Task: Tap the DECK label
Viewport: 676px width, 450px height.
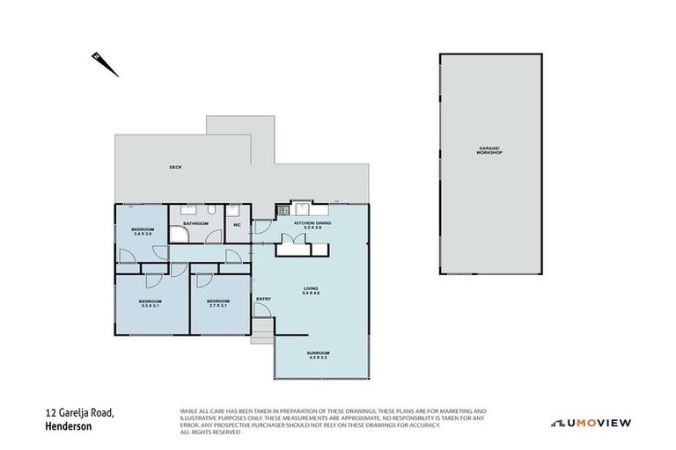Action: click(175, 167)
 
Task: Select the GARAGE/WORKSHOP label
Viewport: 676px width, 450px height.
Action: click(489, 151)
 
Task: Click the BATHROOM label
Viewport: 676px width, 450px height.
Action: click(195, 223)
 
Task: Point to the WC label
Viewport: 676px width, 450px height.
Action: click(237, 224)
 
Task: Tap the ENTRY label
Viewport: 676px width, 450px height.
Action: click(263, 299)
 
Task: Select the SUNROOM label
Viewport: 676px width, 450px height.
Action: click(318, 353)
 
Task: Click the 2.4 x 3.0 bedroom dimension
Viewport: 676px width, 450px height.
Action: click(143, 234)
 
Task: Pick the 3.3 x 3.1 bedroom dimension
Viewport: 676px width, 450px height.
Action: click(149, 306)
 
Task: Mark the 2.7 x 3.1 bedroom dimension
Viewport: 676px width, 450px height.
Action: click(217, 306)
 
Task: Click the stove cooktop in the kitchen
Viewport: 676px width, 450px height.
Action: click(283, 210)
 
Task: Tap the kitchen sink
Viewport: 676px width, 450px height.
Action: click(302, 209)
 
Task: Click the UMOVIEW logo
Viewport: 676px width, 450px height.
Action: click(591, 422)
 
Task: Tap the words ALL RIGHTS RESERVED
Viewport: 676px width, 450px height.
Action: click(209, 432)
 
